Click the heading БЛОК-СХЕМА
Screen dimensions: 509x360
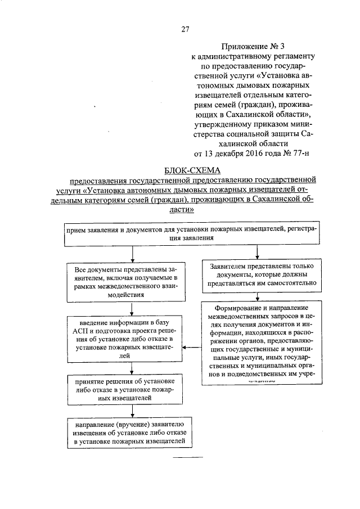coord(193,170)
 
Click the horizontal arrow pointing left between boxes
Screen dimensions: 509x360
coord(194,346)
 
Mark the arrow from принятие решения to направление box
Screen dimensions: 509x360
coord(132,411)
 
